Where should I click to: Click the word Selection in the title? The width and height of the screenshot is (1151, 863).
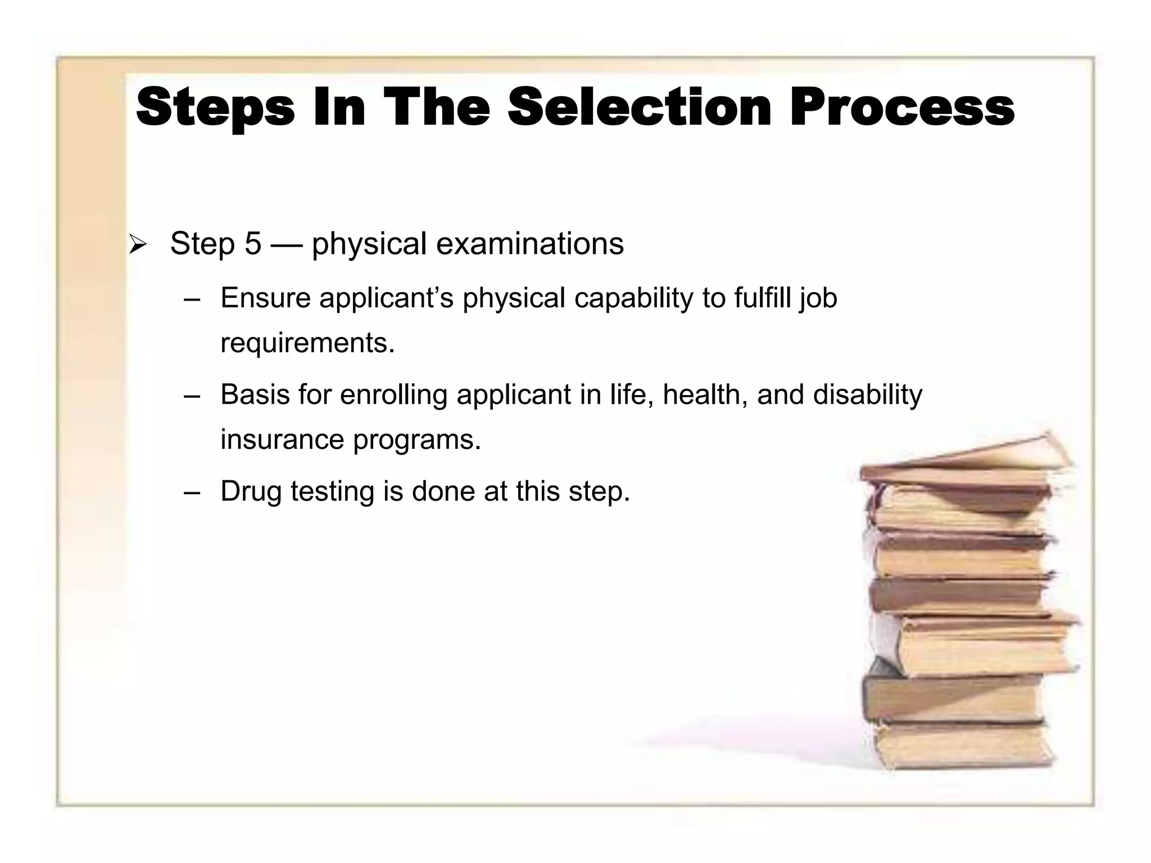[639, 108]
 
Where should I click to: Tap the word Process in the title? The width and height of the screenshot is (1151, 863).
[901, 108]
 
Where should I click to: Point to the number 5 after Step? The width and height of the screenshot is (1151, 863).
[253, 244]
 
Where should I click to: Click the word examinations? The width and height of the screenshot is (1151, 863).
[529, 244]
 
